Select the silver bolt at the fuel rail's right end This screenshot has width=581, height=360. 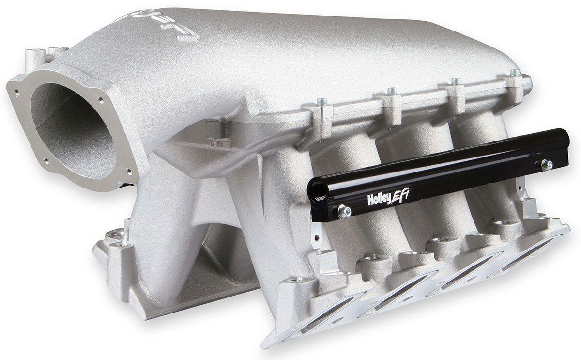(547, 165)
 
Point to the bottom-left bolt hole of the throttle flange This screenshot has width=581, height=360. (46, 161)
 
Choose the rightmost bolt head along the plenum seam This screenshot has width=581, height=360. (515, 73)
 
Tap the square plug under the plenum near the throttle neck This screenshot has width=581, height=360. (211, 128)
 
